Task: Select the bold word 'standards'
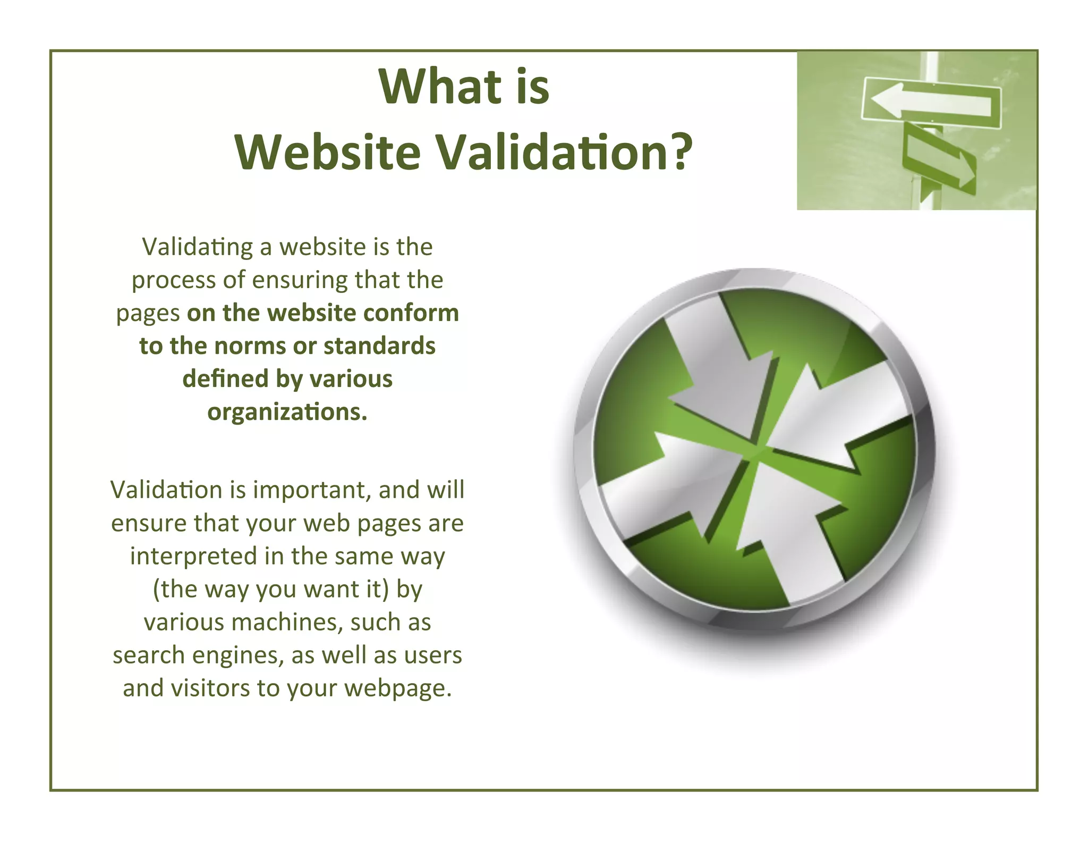click(379, 346)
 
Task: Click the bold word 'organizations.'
click(287, 412)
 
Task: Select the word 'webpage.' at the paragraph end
click(398, 688)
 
